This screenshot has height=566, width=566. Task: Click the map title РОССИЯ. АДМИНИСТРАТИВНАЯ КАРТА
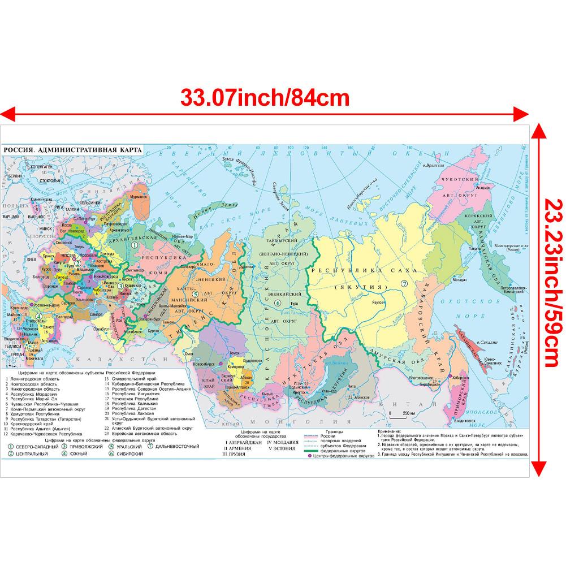click(x=72, y=150)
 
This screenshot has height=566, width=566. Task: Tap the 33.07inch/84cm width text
click(x=265, y=98)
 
